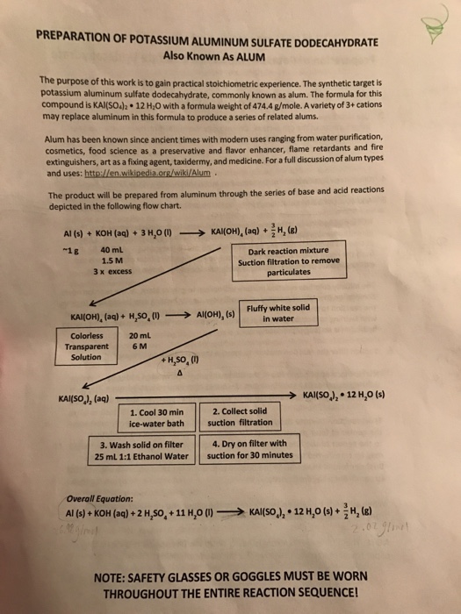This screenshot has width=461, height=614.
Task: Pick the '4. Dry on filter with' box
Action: pos(249,449)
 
